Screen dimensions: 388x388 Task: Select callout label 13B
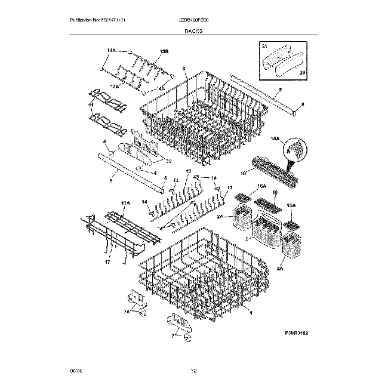pyautogui.click(x=164, y=53)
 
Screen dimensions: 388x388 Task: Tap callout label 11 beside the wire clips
pyautogui.click(x=91, y=105)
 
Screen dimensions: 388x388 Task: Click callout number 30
pyautogui.click(x=169, y=161)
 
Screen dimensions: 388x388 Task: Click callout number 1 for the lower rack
pyautogui.click(x=250, y=313)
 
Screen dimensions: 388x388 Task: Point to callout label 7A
pyautogui.click(x=127, y=311)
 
